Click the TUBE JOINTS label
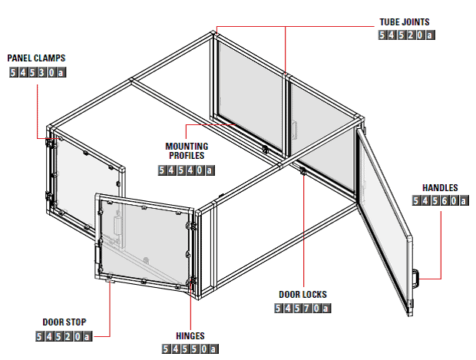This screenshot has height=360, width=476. (x=405, y=22)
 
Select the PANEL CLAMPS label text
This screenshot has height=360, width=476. (x=36, y=58)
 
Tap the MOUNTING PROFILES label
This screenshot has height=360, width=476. (x=187, y=151)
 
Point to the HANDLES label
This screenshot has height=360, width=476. (x=440, y=188)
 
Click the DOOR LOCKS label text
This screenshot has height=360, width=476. (x=302, y=295)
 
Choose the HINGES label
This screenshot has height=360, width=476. (x=190, y=336)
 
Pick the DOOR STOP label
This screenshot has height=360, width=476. (x=64, y=322)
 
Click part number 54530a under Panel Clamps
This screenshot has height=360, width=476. (x=38, y=73)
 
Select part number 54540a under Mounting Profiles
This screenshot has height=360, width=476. (x=187, y=170)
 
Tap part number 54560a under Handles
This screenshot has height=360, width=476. (x=441, y=200)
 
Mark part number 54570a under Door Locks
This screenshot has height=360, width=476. (x=302, y=309)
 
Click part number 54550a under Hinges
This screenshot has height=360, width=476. (x=190, y=348)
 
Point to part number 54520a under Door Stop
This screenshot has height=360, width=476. (x=64, y=336)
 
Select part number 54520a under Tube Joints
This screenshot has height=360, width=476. (x=407, y=35)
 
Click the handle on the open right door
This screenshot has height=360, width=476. (x=416, y=279)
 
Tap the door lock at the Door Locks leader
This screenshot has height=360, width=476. (x=302, y=171)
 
